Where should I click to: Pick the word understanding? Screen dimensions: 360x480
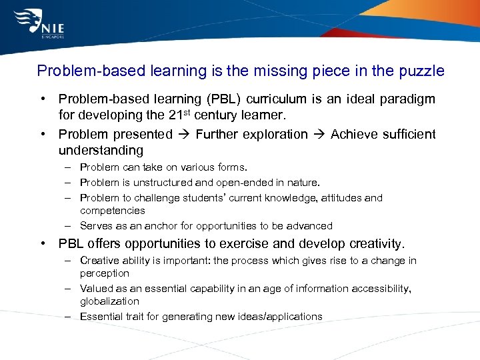click(101, 151)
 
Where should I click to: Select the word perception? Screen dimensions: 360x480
click(105, 273)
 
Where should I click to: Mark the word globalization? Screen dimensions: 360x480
click(109, 301)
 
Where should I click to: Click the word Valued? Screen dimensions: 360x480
click(95, 289)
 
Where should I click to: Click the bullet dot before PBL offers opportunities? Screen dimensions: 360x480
click(43, 244)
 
